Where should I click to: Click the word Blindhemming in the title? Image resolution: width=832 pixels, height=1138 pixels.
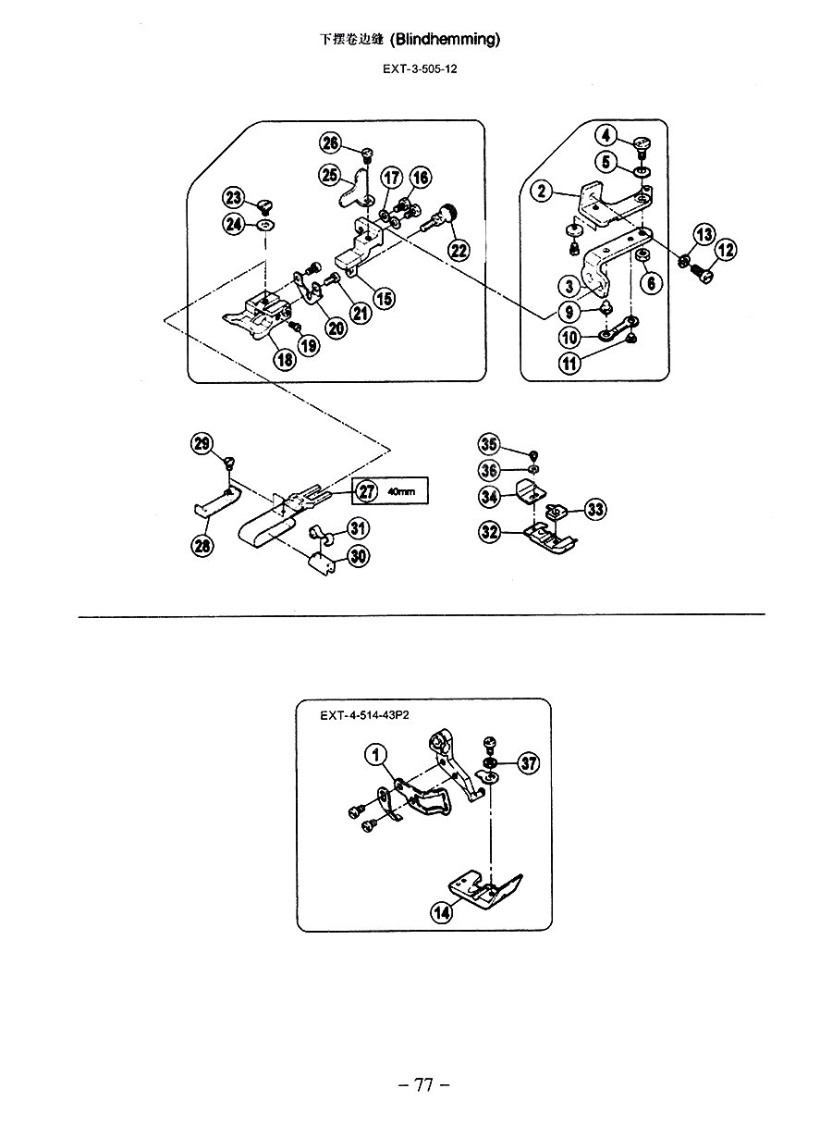446,40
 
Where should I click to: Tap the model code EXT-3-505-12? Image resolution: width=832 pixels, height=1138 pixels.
420,69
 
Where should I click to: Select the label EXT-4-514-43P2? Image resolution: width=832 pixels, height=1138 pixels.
364,715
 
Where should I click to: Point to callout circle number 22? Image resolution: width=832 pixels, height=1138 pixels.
459,250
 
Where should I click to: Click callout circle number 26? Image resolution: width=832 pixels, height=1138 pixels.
330,142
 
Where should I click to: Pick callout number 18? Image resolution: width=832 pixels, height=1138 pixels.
285,360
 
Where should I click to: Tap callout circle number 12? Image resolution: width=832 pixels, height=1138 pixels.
726,250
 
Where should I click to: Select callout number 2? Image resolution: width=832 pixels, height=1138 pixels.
542,192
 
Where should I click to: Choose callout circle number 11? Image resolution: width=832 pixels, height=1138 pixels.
569,364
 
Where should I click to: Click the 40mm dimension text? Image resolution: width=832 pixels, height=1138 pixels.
401,491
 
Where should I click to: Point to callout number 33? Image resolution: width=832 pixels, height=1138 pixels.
595,509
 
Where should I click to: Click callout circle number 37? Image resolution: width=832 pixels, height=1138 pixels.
529,762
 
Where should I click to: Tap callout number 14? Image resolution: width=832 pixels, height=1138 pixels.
441,913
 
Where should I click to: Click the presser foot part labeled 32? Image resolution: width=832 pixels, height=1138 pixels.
550,539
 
